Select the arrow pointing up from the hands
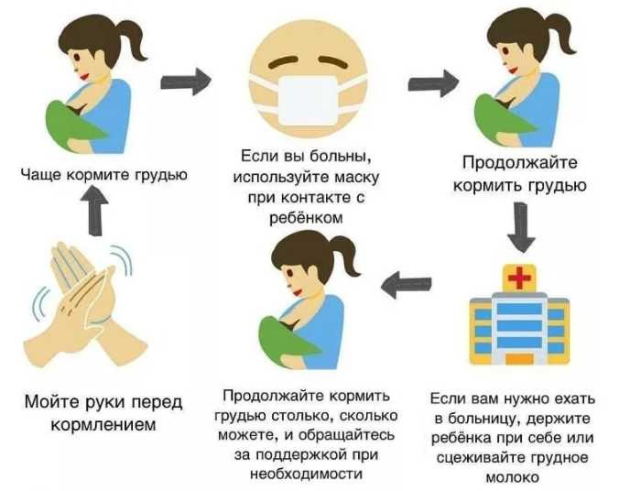[x=94, y=214]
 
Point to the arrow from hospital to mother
[x=406, y=285]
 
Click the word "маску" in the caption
[x=353, y=176]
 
